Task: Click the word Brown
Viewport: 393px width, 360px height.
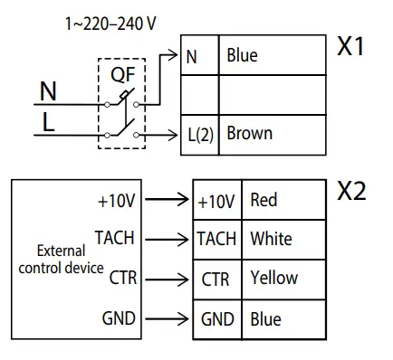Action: pos(249,134)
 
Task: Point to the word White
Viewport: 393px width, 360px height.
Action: pos(271,239)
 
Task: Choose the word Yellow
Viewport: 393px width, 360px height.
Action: pos(273,279)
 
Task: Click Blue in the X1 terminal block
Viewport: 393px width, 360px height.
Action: pos(242,56)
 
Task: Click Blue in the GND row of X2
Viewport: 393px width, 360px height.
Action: pos(265,318)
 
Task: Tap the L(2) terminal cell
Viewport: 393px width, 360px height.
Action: pos(199,136)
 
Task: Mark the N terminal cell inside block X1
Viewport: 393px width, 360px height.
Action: pos(191,56)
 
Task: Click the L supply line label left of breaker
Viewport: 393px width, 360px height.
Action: pos(46,120)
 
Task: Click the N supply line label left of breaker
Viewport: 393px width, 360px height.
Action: pos(48,90)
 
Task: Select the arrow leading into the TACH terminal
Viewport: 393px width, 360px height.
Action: pos(168,240)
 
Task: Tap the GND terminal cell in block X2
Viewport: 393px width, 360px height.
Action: pos(216,319)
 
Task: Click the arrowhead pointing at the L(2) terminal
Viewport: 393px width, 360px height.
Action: pos(177,135)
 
